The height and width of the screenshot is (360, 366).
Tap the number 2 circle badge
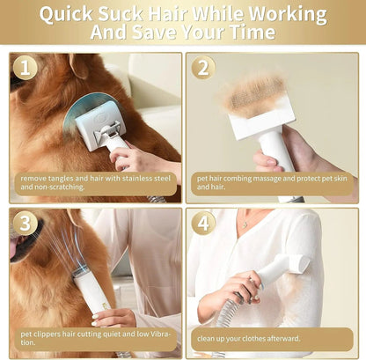203,68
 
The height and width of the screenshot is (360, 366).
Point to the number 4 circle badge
203,223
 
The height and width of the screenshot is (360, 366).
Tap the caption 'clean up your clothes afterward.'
249,338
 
